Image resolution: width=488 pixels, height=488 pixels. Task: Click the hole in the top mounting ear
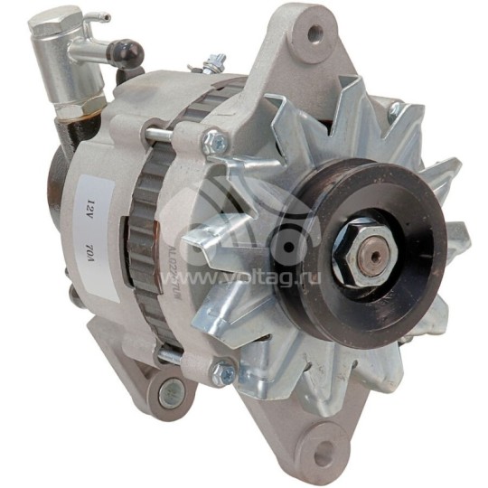(x=314, y=35)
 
